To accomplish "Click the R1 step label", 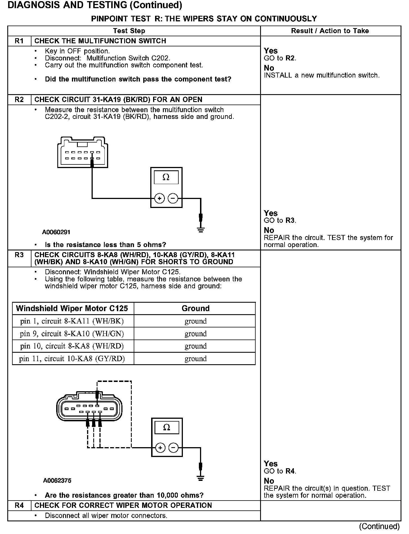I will point(19,41).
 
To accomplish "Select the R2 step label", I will point(19,100).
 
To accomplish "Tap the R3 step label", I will point(19,255).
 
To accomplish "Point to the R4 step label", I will point(19,505).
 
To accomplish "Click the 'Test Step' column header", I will point(129,31).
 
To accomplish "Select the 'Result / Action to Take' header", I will point(330,31).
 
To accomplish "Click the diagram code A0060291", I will point(56,232).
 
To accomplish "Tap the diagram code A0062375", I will point(57,481).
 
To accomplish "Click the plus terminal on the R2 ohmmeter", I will point(160,199).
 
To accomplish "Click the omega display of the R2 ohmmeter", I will point(166,177).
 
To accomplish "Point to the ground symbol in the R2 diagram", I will point(201,230).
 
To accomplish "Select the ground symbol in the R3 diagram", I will point(200,478).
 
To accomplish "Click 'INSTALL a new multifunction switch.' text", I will point(321,75).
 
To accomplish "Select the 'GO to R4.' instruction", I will point(280,471).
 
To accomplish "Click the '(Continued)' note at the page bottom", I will point(379,526).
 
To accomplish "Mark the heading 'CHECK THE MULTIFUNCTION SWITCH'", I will point(100,41).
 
